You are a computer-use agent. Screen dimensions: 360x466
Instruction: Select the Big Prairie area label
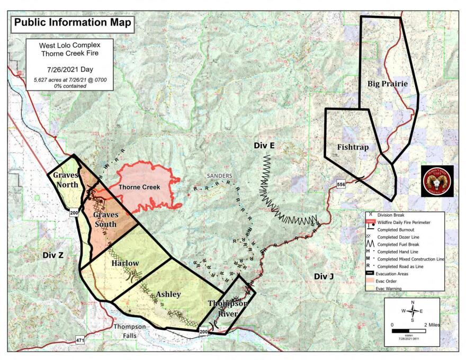click(387, 84)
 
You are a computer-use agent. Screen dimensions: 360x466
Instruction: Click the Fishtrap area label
click(352, 147)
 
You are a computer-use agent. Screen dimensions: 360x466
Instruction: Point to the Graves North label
click(66, 180)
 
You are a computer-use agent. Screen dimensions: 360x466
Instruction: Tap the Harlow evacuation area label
click(125, 263)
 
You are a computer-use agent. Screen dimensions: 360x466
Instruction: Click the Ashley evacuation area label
click(168, 294)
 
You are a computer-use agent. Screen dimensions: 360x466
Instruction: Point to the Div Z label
click(53, 256)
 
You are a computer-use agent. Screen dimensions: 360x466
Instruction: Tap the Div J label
click(324, 276)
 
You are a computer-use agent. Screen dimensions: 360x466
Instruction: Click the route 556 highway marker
click(342, 183)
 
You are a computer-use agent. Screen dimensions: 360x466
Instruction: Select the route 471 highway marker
click(80, 339)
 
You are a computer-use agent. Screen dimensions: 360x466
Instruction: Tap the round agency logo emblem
click(437, 181)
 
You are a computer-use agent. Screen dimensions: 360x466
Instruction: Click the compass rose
click(415, 311)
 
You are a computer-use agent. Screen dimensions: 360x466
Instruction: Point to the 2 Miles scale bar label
click(431, 323)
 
